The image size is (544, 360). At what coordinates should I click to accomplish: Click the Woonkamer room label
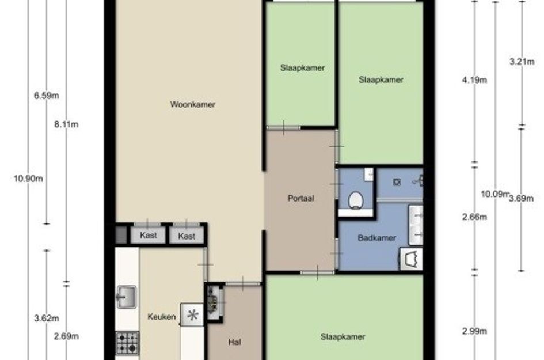[x=192, y=104]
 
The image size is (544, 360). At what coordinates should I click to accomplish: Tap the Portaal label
[x=301, y=198]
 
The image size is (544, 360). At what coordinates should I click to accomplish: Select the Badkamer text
[x=377, y=238]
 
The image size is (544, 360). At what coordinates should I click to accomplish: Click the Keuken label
[x=161, y=317]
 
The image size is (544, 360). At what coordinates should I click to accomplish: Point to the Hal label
[x=234, y=342]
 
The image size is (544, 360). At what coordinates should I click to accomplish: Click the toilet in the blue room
[x=356, y=200]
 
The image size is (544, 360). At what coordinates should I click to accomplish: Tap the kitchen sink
[x=126, y=297]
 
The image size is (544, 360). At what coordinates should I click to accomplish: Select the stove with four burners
[x=127, y=343]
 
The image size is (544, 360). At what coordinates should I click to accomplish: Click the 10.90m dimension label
[x=28, y=179]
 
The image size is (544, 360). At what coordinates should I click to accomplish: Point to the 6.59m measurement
[x=47, y=96]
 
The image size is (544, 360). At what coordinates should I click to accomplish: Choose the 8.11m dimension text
[x=66, y=124]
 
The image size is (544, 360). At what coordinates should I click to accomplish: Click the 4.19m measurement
[x=474, y=80]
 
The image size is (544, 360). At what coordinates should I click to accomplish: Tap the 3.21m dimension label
[x=522, y=62]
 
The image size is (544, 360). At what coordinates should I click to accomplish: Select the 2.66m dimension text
[x=474, y=217]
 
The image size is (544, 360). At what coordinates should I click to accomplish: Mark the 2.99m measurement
[x=474, y=331]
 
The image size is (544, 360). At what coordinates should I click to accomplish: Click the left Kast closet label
[x=148, y=235]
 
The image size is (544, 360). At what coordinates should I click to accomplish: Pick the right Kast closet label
[x=187, y=236]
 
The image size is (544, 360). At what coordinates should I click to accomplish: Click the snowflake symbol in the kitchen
[x=192, y=315]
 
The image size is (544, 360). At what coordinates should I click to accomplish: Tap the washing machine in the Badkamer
[x=412, y=259]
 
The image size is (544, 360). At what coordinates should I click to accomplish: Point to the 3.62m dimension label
[x=47, y=318]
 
